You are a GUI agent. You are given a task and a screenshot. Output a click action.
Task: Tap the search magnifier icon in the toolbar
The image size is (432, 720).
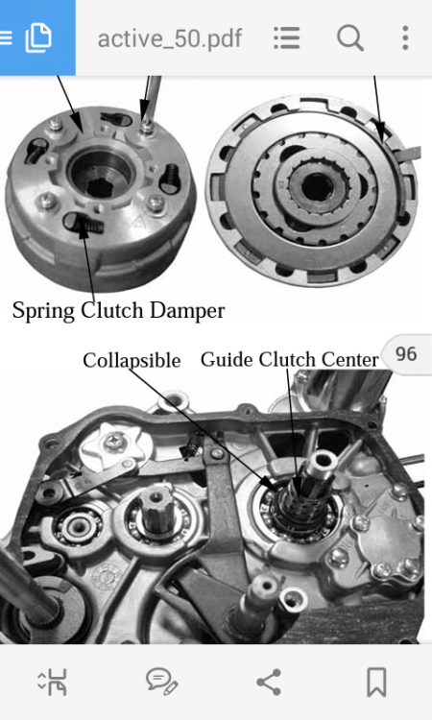pos(350,37)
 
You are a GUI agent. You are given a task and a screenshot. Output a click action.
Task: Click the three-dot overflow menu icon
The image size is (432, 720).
pos(405,37)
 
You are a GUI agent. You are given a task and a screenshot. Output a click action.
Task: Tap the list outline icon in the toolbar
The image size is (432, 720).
pos(287,37)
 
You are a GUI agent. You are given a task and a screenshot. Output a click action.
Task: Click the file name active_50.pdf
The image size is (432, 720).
pos(169,38)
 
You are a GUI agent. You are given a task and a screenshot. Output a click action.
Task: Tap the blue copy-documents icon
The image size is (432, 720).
pos(38,37)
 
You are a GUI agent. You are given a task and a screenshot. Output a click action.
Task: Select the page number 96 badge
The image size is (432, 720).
pos(406,354)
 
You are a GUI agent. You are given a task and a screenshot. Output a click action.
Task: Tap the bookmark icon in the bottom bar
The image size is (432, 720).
pos(376,682)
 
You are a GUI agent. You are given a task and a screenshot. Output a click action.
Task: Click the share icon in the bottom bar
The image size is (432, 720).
pos(269,682)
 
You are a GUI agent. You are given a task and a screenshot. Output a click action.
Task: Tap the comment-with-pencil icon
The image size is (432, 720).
pos(161,682)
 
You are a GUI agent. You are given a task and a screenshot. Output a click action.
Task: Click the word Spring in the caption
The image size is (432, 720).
pos(43,311)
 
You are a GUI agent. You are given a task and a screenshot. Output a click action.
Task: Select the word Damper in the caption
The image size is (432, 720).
pos(187,310)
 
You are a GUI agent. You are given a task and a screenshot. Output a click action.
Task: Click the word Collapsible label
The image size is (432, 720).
pos(132,360)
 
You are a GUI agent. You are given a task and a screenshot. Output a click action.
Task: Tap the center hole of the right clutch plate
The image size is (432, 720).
pos(316,186)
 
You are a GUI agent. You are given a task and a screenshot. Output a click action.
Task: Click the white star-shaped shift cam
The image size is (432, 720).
pos(115,444)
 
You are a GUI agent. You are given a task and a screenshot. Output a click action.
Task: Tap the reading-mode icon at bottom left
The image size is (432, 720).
pos(53,682)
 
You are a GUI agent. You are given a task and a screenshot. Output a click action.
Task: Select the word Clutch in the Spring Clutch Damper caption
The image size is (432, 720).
pos(112,310)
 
